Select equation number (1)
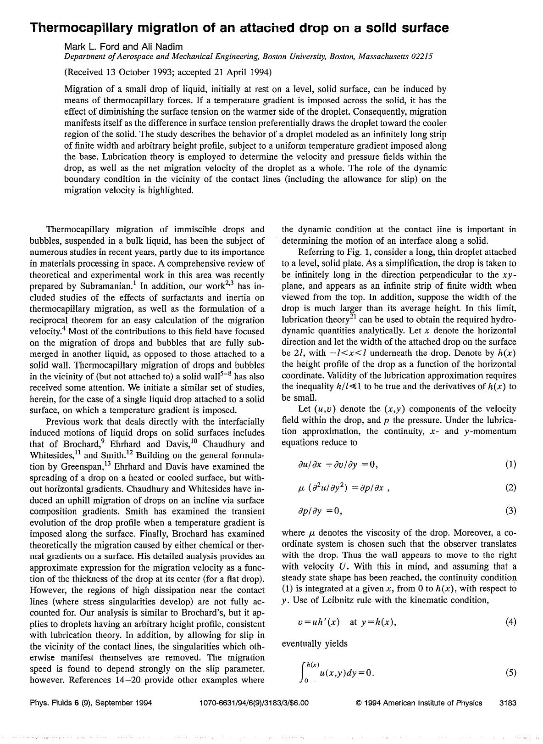tap(510, 464)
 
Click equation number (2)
tap(510, 487)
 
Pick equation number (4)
tap(510, 622)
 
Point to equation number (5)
tap(510, 673)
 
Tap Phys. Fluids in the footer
tap(48, 703)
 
